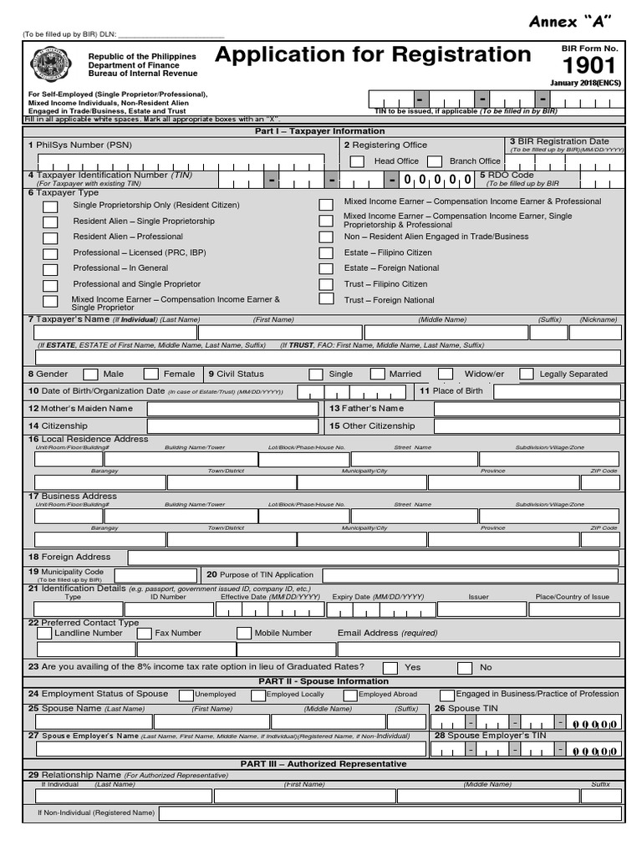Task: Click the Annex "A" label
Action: pyautogui.click(x=571, y=22)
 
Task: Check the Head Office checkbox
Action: pyautogui.click(x=357, y=161)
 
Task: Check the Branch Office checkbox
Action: pyautogui.click(x=434, y=161)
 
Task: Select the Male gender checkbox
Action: pyautogui.click(x=90, y=374)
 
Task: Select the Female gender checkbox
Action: pyautogui.click(x=150, y=374)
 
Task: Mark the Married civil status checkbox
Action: pyautogui.click(x=377, y=374)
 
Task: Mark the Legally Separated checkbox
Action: pyautogui.click(x=527, y=374)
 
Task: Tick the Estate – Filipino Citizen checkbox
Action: pyautogui.click(x=326, y=253)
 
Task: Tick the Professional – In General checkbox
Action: pyautogui.click(x=51, y=269)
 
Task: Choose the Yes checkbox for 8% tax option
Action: pyautogui.click(x=390, y=668)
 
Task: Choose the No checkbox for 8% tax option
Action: pyautogui.click(x=465, y=668)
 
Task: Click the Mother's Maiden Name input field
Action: pyautogui.click(x=232, y=409)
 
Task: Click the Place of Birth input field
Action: pyautogui.click(x=558, y=391)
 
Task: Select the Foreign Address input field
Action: pyautogui.click(x=373, y=558)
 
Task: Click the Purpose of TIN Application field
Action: pyautogui.click(x=471, y=575)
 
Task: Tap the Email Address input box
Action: pyautogui.click(x=479, y=649)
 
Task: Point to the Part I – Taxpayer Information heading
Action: pyautogui.click(x=320, y=131)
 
